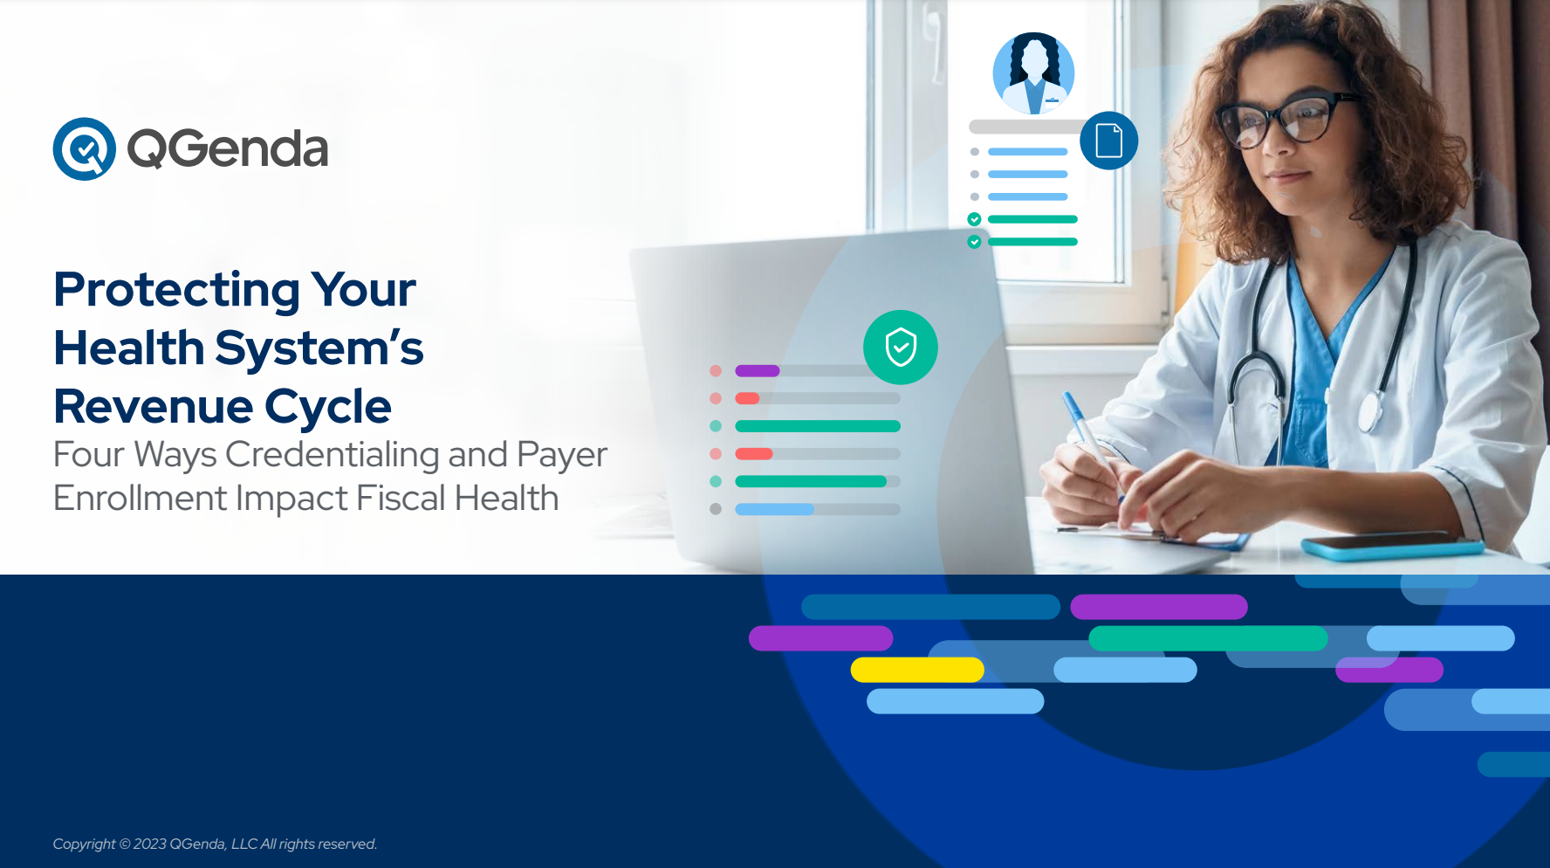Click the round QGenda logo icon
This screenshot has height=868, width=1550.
click(85, 149)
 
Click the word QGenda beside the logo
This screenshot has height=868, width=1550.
click(228, 148)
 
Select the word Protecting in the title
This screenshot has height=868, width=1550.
click(177, 291)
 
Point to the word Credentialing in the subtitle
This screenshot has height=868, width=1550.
click(333, 454)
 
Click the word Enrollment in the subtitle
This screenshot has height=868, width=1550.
click(141, 498)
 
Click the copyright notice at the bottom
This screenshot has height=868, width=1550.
click(215, 844)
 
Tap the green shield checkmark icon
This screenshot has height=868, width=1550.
click(901, 348)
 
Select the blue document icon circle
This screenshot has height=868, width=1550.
click(1109, 141)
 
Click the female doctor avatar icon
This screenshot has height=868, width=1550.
click(1034, 73)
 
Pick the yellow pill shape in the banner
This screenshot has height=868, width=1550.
click(917, 670)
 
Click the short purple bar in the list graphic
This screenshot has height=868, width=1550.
click(757, 371)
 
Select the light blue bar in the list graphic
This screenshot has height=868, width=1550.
click(774, 509)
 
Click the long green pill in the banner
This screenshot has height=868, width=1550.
click(1208, 638)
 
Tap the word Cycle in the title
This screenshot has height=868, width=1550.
click(328, 407)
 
